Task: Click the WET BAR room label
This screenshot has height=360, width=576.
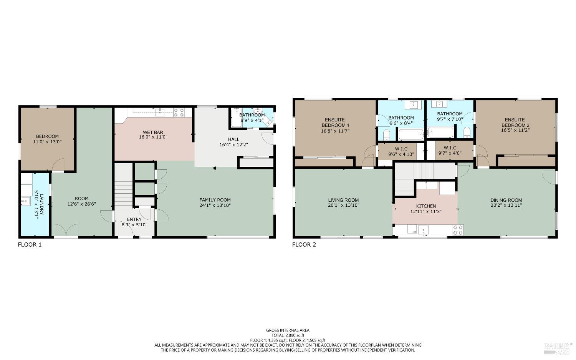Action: pyautogui.click(x=153, y=132)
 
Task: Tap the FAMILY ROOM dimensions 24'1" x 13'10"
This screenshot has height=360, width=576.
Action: pyautogui.click(x=215, y=206)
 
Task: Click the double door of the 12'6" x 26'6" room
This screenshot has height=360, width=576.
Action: pyautogui.click(x=66, y=231)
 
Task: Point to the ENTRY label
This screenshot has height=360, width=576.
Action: pyautogui.click(x=134, y=219)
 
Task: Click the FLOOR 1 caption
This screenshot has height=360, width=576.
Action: pyautogui.click(x=30, y=244)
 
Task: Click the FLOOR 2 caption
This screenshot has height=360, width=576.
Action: pyautogui.click(x=304, y=244)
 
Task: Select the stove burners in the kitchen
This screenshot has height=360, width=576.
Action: pyautogui.click(x=458, y=230)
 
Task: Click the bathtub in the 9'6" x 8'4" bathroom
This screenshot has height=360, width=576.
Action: pyautogui.click(x=411, y=134)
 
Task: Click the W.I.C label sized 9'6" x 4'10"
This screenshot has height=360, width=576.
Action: pyautogui.click(x=401, y=149)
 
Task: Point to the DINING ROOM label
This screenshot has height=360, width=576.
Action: pyautogui.click(x=506, y=200)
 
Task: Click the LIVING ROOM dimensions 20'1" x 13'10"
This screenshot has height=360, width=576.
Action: pyautogui.click(x=343, y=206)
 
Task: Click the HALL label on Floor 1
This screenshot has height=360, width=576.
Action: pyautogui.click(x=233, y=139)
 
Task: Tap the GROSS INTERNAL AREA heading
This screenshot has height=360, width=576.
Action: pyautogui.click(x=288, y=330)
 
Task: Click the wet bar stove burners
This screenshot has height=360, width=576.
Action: pyautogui.click(x=179, y=112)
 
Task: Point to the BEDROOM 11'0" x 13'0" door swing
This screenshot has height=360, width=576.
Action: pyautogui.click(x=58, y=165)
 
